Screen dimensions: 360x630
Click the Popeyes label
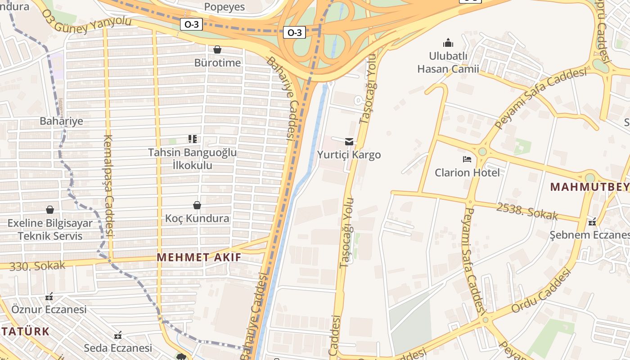coord(224,7)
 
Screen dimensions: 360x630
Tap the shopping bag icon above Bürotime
coord(217,49)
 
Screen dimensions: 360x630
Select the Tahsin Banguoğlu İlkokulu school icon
coord(193,139)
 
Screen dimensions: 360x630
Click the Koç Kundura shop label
coord(197,219)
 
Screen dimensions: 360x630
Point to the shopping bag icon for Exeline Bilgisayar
coord(50,210)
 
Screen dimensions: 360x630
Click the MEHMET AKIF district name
coord(199,257)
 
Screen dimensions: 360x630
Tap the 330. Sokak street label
coord(37,266)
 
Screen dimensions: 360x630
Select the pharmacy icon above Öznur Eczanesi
coord(49,297)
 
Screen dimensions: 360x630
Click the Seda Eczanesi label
coord(118,348)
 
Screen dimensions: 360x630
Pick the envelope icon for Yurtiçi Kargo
coord(349,142)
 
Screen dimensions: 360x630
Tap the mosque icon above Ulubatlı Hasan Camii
coord(448,43)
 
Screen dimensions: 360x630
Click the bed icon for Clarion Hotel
coord(467,159)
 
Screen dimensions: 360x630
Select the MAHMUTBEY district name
coord(589,187)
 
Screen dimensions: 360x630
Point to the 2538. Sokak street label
coord(527,211)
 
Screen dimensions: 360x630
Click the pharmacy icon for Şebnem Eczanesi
coord(592,222)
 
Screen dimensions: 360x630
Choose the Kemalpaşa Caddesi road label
coord(109,186)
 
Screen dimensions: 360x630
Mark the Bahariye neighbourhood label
coord(61,121)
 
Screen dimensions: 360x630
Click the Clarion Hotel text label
coord(467,172)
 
